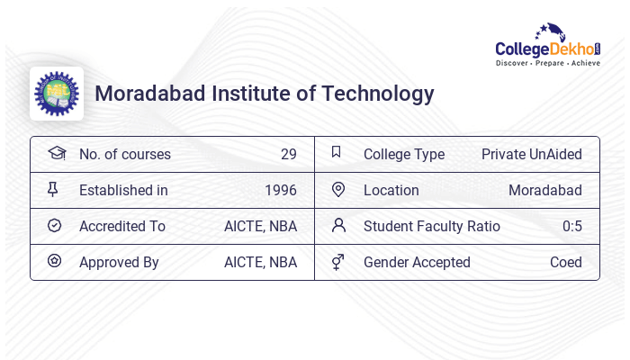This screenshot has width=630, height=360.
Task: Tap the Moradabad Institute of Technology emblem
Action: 56,94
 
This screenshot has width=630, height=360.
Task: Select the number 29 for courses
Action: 288,154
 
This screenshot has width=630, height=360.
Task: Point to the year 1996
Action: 281,190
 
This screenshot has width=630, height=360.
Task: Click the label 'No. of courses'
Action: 124,154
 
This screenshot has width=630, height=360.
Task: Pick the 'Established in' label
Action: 123,190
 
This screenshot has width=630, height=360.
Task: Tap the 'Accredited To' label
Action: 122,226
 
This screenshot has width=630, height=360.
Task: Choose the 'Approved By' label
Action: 119,262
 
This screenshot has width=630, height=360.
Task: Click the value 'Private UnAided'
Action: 531,154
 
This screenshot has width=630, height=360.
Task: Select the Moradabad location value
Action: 544,190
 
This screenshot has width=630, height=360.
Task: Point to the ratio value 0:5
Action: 571,226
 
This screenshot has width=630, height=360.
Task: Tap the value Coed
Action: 565,262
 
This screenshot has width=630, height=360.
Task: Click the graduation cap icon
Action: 56,153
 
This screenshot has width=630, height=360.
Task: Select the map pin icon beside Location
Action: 338,189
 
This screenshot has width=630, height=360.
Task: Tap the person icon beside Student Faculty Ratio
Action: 338,225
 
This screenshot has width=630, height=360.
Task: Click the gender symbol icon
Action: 338,262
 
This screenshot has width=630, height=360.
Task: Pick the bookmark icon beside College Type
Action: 337,152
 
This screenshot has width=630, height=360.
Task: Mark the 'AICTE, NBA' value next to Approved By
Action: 260,262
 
